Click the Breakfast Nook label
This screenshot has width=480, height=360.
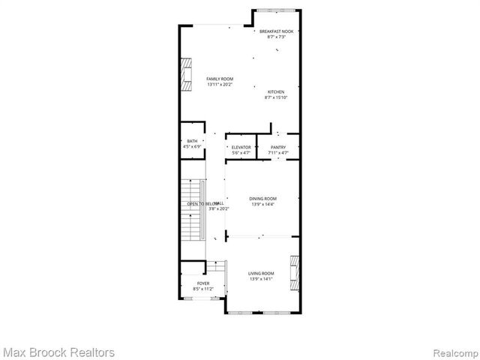point(277,31)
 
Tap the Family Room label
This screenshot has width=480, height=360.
point(220,79)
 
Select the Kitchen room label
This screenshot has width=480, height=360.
point(276,91)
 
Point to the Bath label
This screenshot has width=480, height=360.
point(193,141)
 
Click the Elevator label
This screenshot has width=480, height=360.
point(241,147)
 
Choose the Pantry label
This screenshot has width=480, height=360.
point(278,147)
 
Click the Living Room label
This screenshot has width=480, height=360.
point(262,273)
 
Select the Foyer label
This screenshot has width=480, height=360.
point(203,283)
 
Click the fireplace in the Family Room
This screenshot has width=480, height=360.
point(184,75)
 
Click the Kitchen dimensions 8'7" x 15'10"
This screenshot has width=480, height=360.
point(276,97)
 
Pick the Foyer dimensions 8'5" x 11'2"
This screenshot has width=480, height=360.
point(203,289)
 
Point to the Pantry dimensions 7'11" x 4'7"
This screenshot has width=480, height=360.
point(278,153)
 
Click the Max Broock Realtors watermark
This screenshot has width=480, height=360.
point(58,352)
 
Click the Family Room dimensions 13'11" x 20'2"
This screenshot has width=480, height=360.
point(220,85)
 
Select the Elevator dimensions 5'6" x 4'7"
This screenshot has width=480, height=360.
point(241,153)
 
